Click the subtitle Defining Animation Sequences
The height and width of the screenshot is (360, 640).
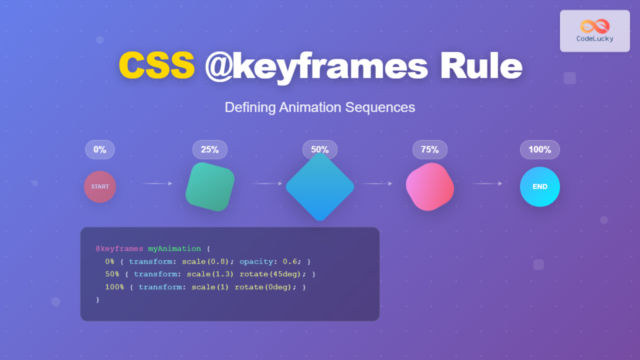click(x=319, y=107)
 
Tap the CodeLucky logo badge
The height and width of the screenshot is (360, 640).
click(x=594, y=31)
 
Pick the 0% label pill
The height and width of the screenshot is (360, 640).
click(x=100, y=150)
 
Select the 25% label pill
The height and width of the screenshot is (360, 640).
click(x=210, y=150)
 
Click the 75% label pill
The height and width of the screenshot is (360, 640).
click(x=430, y=150)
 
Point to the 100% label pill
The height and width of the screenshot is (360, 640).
click(x=540, y=150)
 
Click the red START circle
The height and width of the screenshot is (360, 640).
click(x=100, y=186)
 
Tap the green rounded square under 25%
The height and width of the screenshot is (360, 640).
click(x=210, y=186)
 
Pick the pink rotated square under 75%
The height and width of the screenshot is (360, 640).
click(x=430, y=186)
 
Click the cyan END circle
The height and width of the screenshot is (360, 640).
click(x=540, y=186)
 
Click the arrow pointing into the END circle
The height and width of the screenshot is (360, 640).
click(x=487, y=184)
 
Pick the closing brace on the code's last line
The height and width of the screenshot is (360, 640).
click(x=98, y=299)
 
